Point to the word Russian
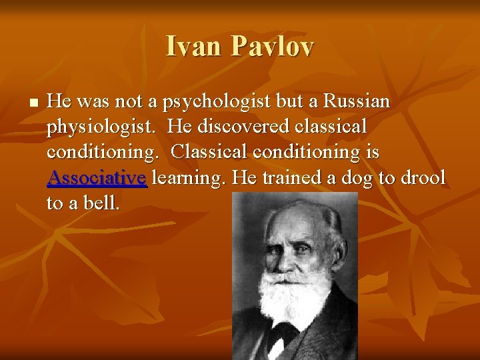coord(357,101)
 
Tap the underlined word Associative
coord(97,177)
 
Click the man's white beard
coord(293,293)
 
